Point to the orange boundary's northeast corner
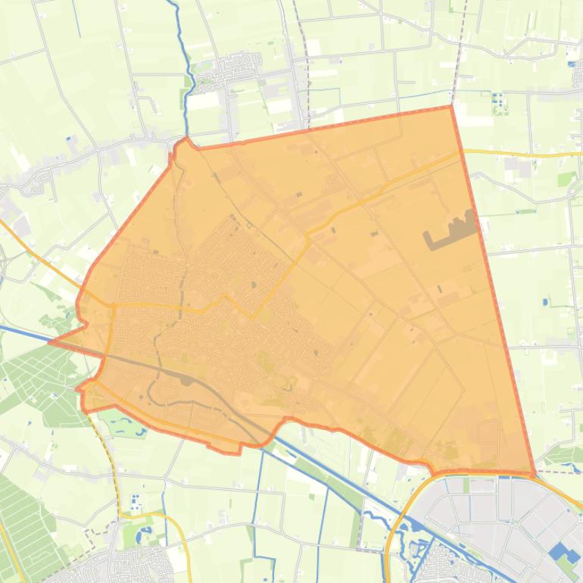[451, 107]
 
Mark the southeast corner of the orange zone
[535, 474]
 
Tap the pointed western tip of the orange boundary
[51, 341]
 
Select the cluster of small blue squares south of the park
[135, 502]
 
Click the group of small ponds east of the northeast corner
[498, 102]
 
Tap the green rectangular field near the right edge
[566, 179]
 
